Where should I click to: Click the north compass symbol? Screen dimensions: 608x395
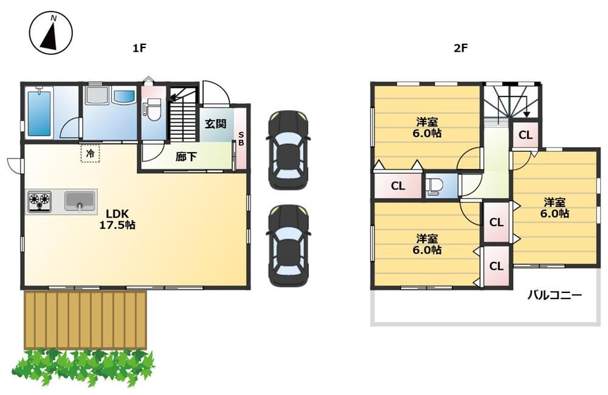(51, 33)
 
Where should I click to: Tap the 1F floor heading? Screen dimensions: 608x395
(139, 48)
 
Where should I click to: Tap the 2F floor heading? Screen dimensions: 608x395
(461, 48)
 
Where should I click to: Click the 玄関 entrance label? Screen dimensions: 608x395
(216, 124)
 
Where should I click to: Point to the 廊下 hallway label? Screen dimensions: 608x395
(185, 157)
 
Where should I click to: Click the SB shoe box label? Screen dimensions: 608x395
(241, 139)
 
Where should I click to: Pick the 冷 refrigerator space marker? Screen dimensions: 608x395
(91, 153)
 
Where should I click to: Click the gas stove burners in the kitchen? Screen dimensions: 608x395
(40, 202)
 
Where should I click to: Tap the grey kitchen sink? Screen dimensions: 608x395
(80, 202)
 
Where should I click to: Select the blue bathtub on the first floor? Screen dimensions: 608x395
(39, 112)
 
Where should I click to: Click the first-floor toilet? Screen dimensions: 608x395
(151, 108)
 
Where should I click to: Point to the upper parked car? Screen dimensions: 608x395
(288, 150)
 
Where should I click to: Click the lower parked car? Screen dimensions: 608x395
(288, 246)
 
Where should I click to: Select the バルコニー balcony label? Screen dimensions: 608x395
(554, 296)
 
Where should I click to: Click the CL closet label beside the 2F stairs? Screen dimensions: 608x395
(526, 135)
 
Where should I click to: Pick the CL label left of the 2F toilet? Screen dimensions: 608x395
(398, 186)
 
